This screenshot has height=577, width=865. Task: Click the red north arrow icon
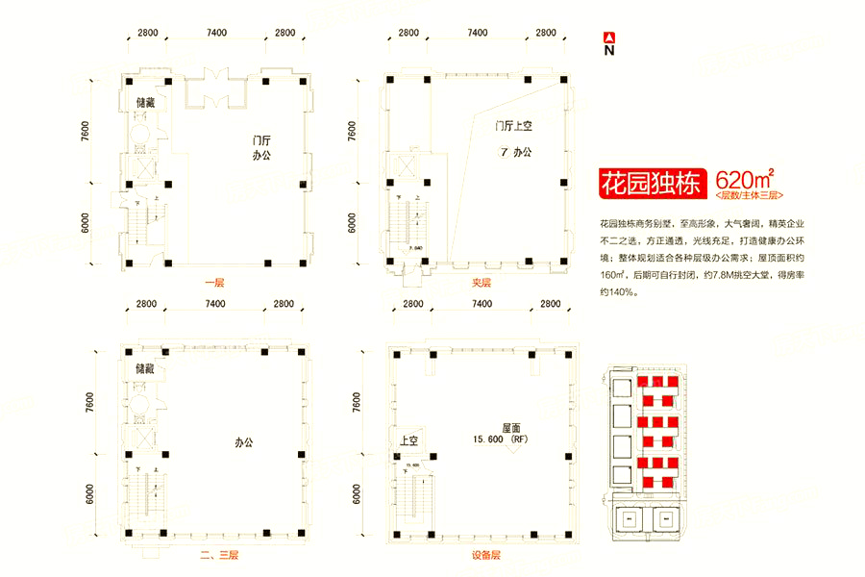coord(607,38)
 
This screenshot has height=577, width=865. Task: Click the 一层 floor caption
coord(214,283)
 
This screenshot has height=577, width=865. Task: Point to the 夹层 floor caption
coord(481,283)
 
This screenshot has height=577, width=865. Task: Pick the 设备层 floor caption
coord(487,556)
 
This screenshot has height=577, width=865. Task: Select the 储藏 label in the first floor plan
coord(146,102)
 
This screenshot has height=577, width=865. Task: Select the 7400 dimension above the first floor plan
coord(215,33)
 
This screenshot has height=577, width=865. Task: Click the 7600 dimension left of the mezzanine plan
coord(352,132)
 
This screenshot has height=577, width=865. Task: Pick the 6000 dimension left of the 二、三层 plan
coord(88,494)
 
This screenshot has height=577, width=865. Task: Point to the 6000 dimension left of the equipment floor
coord(356,494)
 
